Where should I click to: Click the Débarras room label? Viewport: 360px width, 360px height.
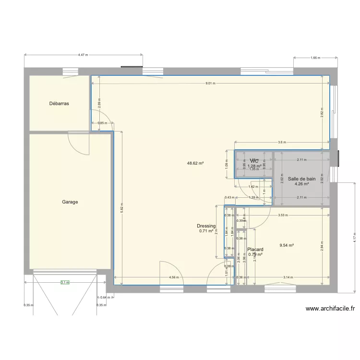point(59,103)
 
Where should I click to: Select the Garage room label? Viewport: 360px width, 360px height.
point(70,202)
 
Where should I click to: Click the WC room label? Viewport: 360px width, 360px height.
point(254,161)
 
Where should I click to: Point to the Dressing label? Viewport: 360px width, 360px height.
point(206,226)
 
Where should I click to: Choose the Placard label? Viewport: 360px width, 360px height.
point(255,250)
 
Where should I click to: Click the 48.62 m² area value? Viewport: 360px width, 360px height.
point(195,163)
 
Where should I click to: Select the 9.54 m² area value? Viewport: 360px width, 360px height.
point(287,245)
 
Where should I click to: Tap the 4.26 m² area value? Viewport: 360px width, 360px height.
point(301,183)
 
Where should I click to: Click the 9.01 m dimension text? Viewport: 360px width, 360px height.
point(210,83)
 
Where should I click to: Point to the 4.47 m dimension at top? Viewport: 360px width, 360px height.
point(83,55)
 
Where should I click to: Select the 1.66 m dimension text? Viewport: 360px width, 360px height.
point(315,58)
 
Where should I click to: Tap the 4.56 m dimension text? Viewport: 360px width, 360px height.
point(174,277)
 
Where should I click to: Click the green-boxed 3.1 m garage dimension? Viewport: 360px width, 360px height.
point(65,283)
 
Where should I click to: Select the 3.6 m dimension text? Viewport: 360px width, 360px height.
point(282,143)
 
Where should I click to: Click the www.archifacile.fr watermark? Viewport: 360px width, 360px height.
point(330,310)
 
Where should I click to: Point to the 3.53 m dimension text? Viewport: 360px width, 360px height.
point(283,216)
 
